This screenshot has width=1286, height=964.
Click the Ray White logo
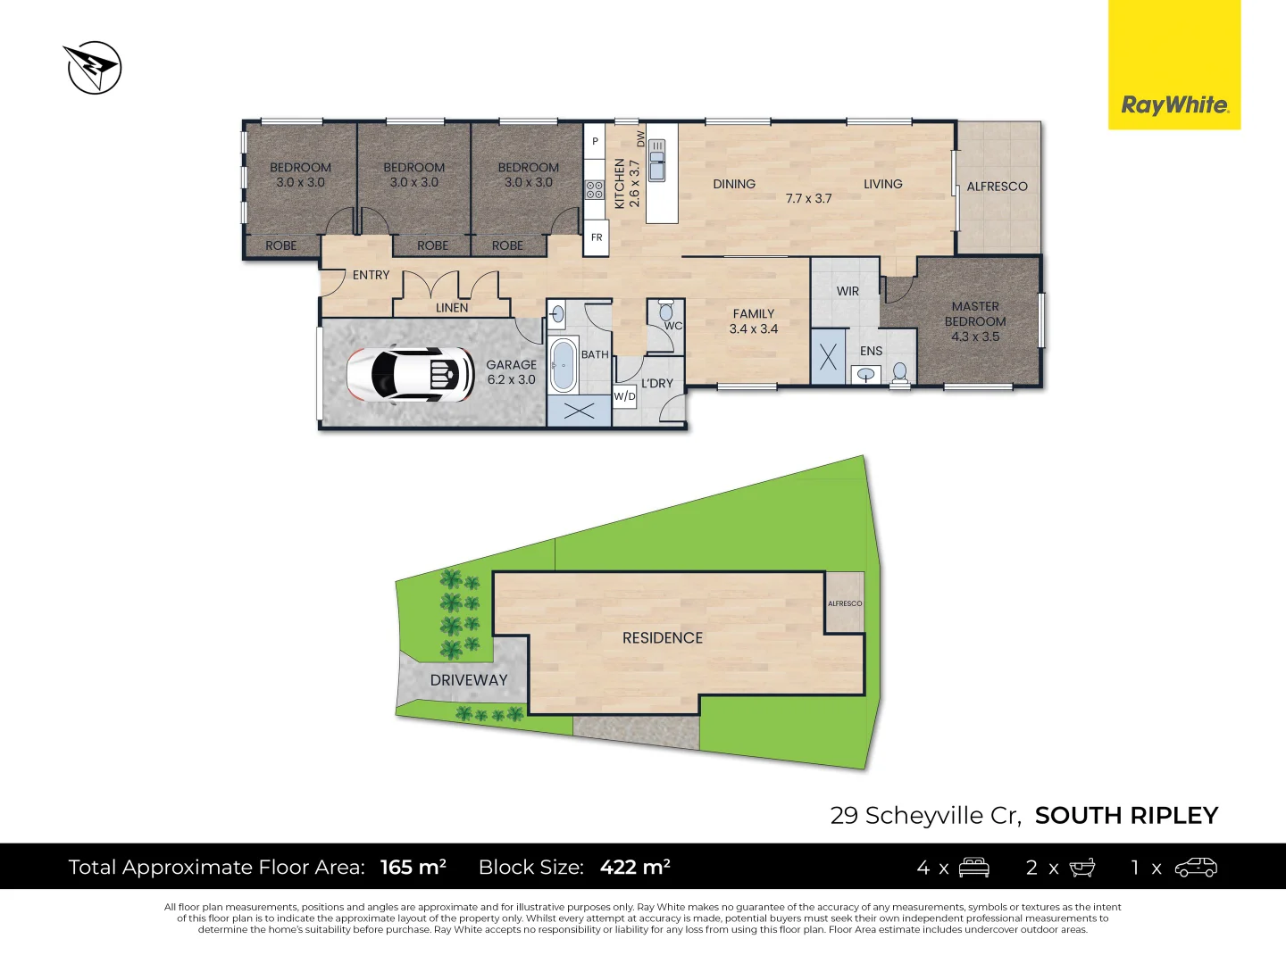click(x=1174, y=104)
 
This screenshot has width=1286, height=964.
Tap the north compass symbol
click(x=94, y=67)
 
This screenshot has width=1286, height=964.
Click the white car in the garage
click(x=412, y=373)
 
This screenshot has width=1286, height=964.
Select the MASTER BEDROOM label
click(x=975, y=321)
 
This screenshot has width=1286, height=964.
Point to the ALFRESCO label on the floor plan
click(x=997, y=187)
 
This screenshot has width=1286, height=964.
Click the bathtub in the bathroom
click(x=563, y=365)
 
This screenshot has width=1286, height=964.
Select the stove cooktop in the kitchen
click(x=595, y=189)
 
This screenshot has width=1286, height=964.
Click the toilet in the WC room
click(x=665, y=312)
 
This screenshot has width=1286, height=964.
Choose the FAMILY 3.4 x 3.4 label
click(x=754, y=321)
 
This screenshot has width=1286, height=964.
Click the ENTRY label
click(x=371, y=275)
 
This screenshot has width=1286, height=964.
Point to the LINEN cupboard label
click(x=452, y=308)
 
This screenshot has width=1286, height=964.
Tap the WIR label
click(x=848, y=291)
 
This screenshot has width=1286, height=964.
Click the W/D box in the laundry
click(x=624, y=396)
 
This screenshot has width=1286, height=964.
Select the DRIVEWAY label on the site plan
click(x=469, y=680)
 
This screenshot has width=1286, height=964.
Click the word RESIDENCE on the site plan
click(x=663, y=638)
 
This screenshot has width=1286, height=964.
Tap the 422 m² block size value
click(x=635, y=867)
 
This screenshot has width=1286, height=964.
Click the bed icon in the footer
click(x=973, y=868)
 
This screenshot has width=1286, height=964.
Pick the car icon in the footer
click(x=1196, y=868)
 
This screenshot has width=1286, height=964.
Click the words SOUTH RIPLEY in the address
click(x=1126, y=816)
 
